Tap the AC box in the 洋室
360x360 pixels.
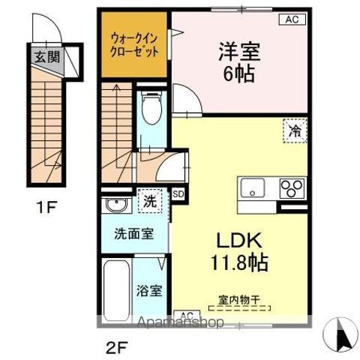coord(292,20)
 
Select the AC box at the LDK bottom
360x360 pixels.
coord(187,315)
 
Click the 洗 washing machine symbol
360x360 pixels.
coord(148,201)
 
